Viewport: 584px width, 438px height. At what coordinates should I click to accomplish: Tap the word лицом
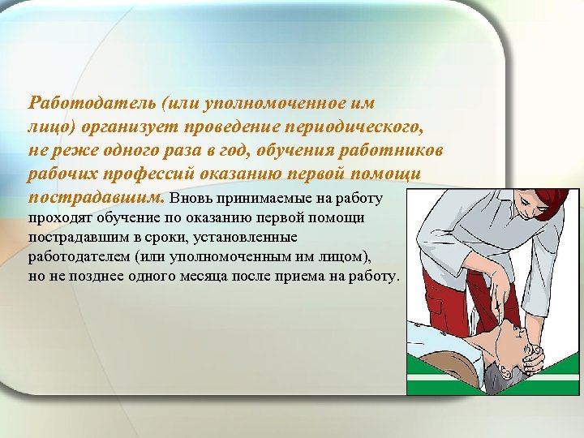click(x=345, y=257)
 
